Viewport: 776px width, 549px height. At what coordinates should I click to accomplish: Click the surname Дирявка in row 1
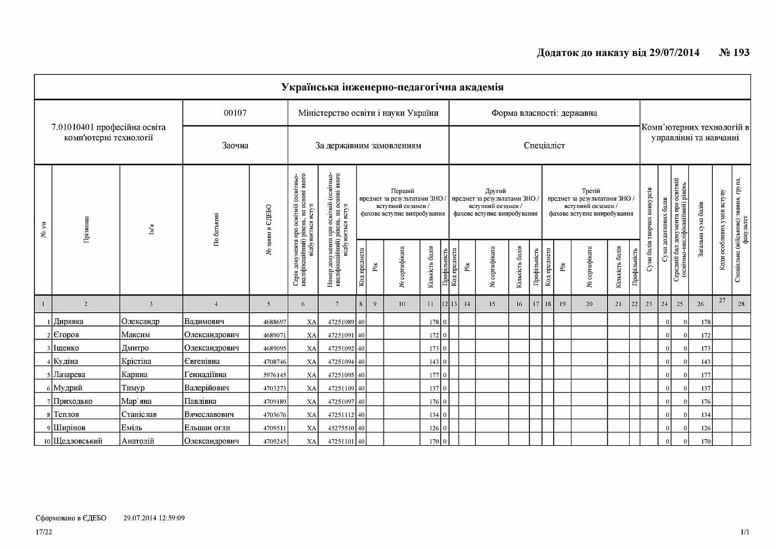point(69,321)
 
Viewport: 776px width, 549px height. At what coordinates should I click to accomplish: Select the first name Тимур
point(133,388)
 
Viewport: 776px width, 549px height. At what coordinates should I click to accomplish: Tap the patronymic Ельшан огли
point(207,428)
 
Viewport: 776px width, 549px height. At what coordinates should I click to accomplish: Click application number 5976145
point(275,375)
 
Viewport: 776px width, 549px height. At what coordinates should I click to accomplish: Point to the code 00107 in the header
point(235,113)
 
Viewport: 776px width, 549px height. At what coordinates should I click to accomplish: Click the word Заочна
point(235,145)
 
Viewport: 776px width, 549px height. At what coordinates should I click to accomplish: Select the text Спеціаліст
point(544,145)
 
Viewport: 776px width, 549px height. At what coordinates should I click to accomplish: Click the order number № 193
point(734,53)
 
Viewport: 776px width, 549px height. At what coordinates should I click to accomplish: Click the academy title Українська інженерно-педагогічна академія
point(392,87)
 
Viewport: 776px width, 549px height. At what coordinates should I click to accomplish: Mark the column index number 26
point(700,304)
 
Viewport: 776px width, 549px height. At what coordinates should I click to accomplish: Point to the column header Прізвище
point(86,230)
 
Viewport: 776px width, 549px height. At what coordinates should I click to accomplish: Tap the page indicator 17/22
point(44,532)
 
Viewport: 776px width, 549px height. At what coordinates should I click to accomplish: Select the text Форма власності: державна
point(544,113)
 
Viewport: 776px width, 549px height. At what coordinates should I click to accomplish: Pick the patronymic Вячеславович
point(209,414)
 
